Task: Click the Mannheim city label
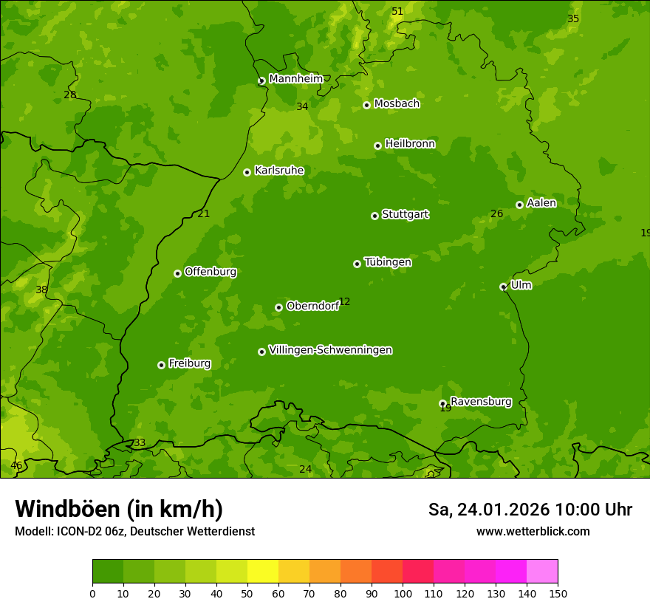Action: pyautogui.click(x=295, y=79)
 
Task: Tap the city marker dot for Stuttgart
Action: pyautogui.click(x=374, y=216)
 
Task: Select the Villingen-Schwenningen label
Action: pyautogui.click(x=330, y=350)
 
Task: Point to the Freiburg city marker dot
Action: pyautogui.click(x=161, y=365)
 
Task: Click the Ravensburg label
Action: pyautogui.click(x=481, y=402)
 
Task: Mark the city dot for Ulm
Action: pyautogui.click(x=503, y=287)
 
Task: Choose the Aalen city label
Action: pyautogui.click(x=541, y=203)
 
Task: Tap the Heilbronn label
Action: pyautogui.click(x=410, y=144)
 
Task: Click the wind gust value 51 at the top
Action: pyautogui.click(x=397, y=11)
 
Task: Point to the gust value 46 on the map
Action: pyautogui.click(x=16, y=465)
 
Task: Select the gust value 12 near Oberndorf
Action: pyautogui.click(x=344, y=302)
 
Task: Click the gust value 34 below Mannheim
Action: pyautogui.click(x=302, y=106)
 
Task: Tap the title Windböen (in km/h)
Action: pyautogui.click(x=119, y=509)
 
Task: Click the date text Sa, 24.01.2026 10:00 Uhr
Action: pyautogui.click(x=530, y=510)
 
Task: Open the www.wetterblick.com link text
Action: pyautogui.click(x=533, y=531)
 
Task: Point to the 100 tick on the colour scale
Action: pyautogui.click(x=403, y=593)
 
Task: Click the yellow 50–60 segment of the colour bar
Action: pyautogui.click(x=263, y=571)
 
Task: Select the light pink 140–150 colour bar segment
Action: pyautogui.click(x=542, y=571)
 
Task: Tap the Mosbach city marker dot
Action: pyautogui.click(x=366, y=105)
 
